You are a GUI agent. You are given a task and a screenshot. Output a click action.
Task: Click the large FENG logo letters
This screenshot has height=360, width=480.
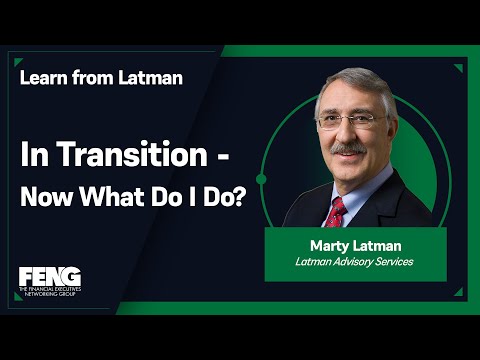click(50, 277)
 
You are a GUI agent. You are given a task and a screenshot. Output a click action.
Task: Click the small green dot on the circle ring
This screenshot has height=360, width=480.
click(262, 179)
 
